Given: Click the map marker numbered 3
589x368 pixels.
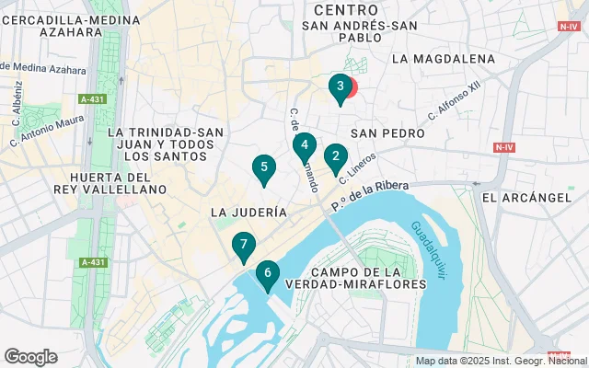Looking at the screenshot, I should click(x=341, y=87).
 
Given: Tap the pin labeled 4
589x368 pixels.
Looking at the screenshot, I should click(x=304, y=145).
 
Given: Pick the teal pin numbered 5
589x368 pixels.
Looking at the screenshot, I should click(x=264, y=167).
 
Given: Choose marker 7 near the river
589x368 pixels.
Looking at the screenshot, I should click(x=243, y=246).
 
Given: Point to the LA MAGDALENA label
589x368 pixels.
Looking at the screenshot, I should click(x=443, y=59).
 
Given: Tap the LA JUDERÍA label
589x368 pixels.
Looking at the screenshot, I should click(x=248, y=212).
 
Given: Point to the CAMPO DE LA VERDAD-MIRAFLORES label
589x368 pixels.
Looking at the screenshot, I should click(x=368, y=279).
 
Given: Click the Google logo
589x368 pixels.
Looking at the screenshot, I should click(x=31, y=357).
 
